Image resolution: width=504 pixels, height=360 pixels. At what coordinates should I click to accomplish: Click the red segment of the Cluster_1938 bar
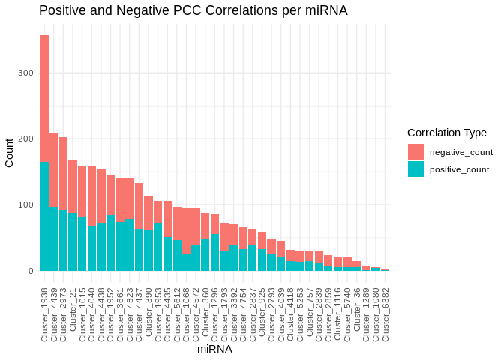click(x=44, y=98)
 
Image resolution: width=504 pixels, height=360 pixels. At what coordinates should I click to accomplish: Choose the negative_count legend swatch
click(x=415, y=151)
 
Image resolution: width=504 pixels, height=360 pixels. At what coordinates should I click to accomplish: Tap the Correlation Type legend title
click(x=447, y=133)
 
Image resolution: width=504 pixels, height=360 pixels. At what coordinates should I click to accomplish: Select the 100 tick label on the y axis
click(x=25, y=205)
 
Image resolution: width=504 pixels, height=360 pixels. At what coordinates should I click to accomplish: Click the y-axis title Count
click(x=9, y=153)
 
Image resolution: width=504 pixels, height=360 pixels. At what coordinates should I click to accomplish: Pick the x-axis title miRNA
click(x=214, y=349)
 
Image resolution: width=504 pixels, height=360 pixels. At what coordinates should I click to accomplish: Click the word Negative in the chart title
click(x=138, y=11)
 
